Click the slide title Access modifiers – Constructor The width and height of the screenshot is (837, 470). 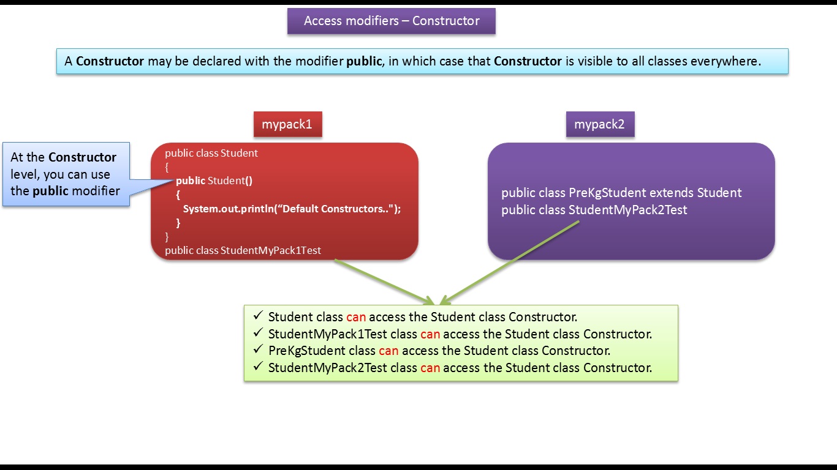pyautogui.click(x=392, y=21)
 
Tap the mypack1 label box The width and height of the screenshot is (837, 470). pyautogui.click(x=287, y=124)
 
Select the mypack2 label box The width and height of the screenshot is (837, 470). pyautogui.click(x=599, y=124)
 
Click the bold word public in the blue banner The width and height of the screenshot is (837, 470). pyautogui.click(x=363, y=61)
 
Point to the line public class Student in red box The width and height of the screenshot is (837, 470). pyautogui.click(x=211, y=153)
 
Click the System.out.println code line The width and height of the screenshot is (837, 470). pyautogui.click(x=292, y=209)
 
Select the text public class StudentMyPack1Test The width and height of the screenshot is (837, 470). pyautogui.click(x=243, y=250)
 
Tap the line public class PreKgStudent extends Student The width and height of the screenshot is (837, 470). pyautogui.click(x=621, y=193)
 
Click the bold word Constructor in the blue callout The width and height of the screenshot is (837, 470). pyautogui.click(x=82, y=157)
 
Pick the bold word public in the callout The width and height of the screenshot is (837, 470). pyautogui.click(x=51, y=190)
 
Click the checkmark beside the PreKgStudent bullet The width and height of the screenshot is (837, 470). pyautogui.click(x=257, y=350)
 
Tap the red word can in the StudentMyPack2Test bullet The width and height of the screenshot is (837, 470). pyautogui.click(x=430, y=368)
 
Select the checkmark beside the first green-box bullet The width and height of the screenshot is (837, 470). pyautogui.click(x=257, y=316)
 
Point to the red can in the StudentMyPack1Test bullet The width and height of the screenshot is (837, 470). pyautogui.click(x=430, y=334)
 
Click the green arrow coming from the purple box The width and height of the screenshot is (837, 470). pyautogui.click(x=509, y=262)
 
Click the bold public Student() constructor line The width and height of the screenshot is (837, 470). pyautogui.click(x=214, y=181)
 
